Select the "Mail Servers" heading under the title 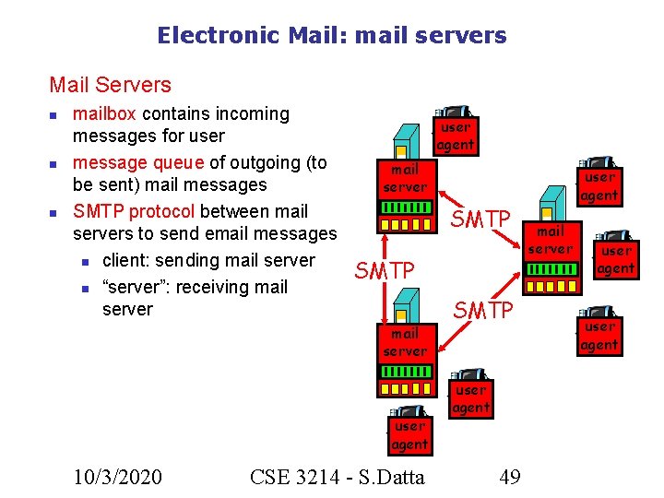coord(110,85)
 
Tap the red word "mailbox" coord(104,114)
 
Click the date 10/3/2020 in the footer coord(118,476)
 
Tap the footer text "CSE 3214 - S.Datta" coord(337,476)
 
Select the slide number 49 coord(509,476)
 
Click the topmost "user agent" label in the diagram coord(455,136)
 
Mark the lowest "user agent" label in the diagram coord(409,435)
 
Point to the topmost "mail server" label coord(405,178)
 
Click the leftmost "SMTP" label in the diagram coord(385,270)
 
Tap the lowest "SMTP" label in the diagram coord(481,311)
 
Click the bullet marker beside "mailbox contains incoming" coord(54,115)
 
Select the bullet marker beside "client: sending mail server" coord(84,261)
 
